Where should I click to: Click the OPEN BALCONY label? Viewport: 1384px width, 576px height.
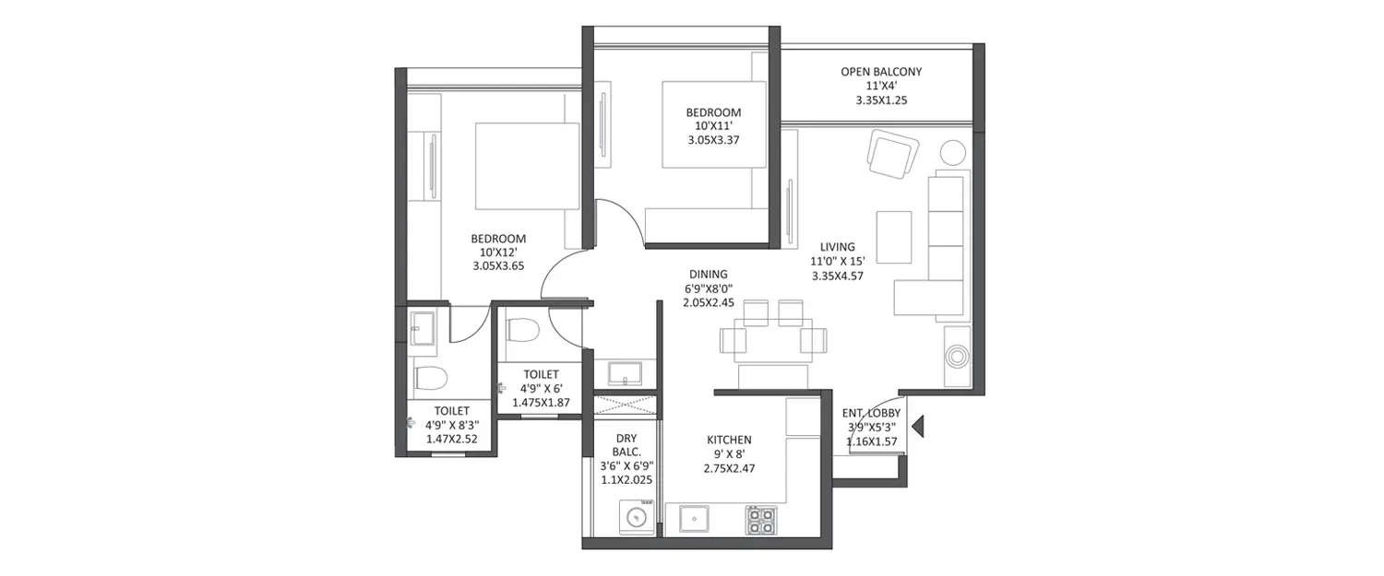880,71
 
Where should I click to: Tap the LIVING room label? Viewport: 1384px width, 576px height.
837,247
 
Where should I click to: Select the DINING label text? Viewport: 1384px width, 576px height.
708,274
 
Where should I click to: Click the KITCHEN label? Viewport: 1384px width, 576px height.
728,440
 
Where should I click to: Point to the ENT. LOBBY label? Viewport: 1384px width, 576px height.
872,414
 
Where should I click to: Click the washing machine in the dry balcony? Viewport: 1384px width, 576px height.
637,516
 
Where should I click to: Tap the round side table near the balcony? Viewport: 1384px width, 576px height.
951,151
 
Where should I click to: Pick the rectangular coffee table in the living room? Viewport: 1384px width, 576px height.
893,236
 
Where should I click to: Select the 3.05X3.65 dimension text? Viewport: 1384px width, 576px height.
497,267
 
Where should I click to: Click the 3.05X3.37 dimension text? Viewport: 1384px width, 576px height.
713,141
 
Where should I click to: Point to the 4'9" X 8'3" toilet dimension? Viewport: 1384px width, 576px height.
451,425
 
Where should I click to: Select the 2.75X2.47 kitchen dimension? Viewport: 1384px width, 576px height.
728,469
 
